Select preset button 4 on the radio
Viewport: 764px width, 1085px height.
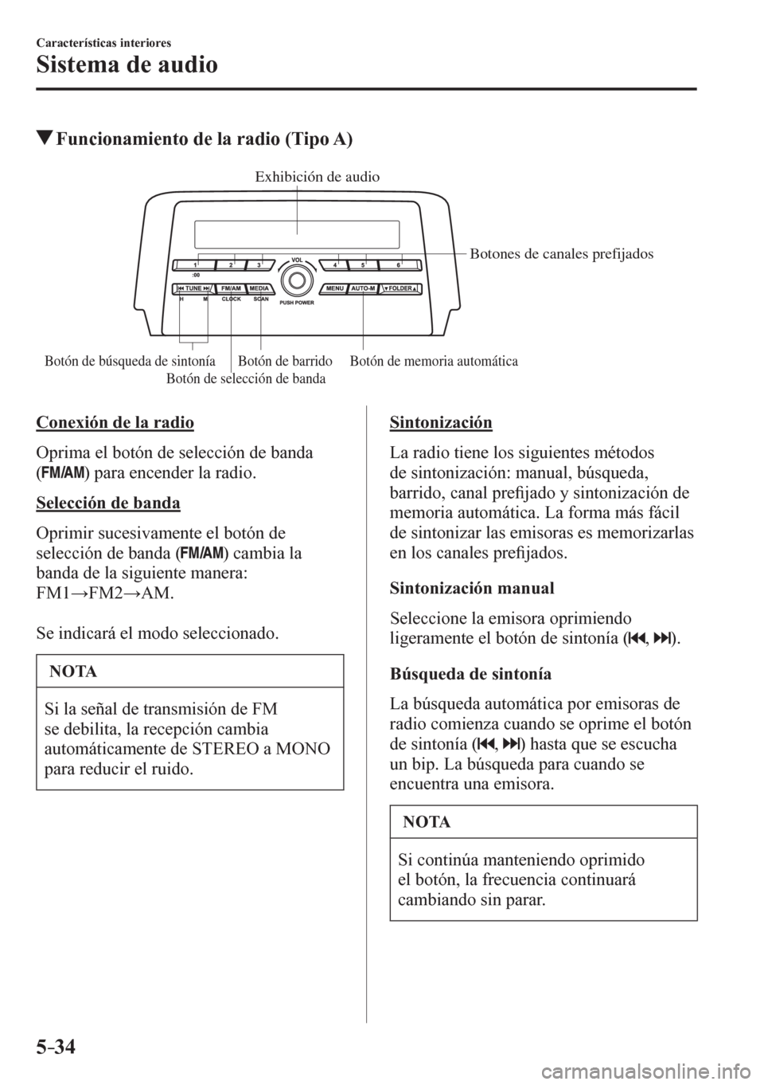[335, 264]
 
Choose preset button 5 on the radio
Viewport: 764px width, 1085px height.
[363, 264]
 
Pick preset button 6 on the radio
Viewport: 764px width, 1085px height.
[397, 264]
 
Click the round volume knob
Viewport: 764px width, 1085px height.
[298, 279]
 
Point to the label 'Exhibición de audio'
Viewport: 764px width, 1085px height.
[318, 177]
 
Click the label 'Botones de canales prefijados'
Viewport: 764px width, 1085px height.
[562, 254]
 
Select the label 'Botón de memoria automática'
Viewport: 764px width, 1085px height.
[434, 362]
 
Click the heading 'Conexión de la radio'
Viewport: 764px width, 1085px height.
[115, 421]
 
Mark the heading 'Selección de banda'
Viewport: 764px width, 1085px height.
[108, 503]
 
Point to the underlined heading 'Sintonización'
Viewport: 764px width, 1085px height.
[441, 421]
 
